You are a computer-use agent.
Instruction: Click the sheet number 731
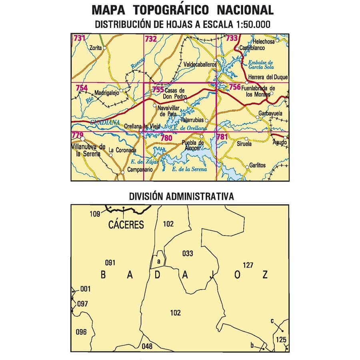79,38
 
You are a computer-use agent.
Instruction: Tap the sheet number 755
158,90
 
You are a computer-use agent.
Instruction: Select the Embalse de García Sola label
260,65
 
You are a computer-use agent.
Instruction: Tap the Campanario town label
139,170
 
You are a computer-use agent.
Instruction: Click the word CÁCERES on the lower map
126,225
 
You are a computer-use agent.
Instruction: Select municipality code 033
187,253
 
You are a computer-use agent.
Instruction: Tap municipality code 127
248,264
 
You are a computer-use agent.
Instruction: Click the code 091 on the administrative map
110,263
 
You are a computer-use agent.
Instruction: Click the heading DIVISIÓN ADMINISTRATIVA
181,197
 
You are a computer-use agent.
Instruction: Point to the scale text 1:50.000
250,24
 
